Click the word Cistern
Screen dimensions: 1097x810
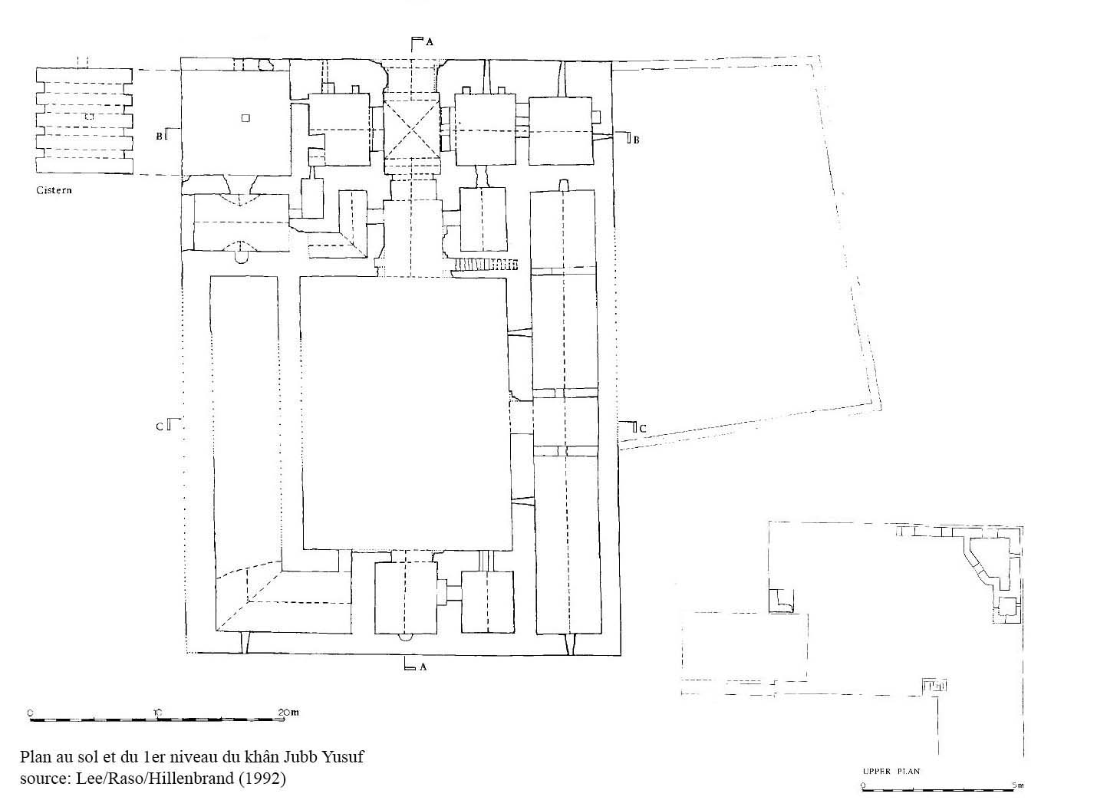click(54, 190)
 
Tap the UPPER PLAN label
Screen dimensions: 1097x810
click(891, 771)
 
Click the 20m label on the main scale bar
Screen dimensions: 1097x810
click(289, 713)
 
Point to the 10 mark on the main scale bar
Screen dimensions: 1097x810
click(158, 713)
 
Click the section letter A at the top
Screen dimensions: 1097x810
click(430, 42)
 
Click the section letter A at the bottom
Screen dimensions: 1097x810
click(423, 667)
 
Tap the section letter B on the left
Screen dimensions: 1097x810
click(160, 136)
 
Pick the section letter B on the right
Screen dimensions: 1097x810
click(636, 140)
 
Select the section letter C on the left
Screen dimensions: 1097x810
click(160, 426)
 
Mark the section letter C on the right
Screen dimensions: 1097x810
click(642, 429)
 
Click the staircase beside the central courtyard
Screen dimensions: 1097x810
click(486, 264)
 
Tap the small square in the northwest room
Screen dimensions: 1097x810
click(245, 117)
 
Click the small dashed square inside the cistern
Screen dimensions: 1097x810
click(90, 117)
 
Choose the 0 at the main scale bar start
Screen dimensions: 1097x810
click(30, 713)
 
